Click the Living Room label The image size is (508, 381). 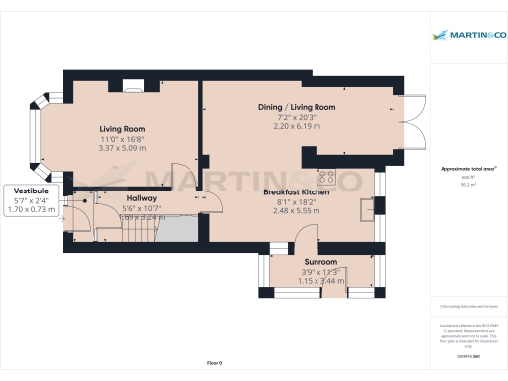(x=122, y=129)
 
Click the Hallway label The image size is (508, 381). (x=141, y=197)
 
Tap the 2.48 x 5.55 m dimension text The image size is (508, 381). (x=296, y=211)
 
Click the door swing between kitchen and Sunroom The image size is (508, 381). (x=305, y=237)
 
